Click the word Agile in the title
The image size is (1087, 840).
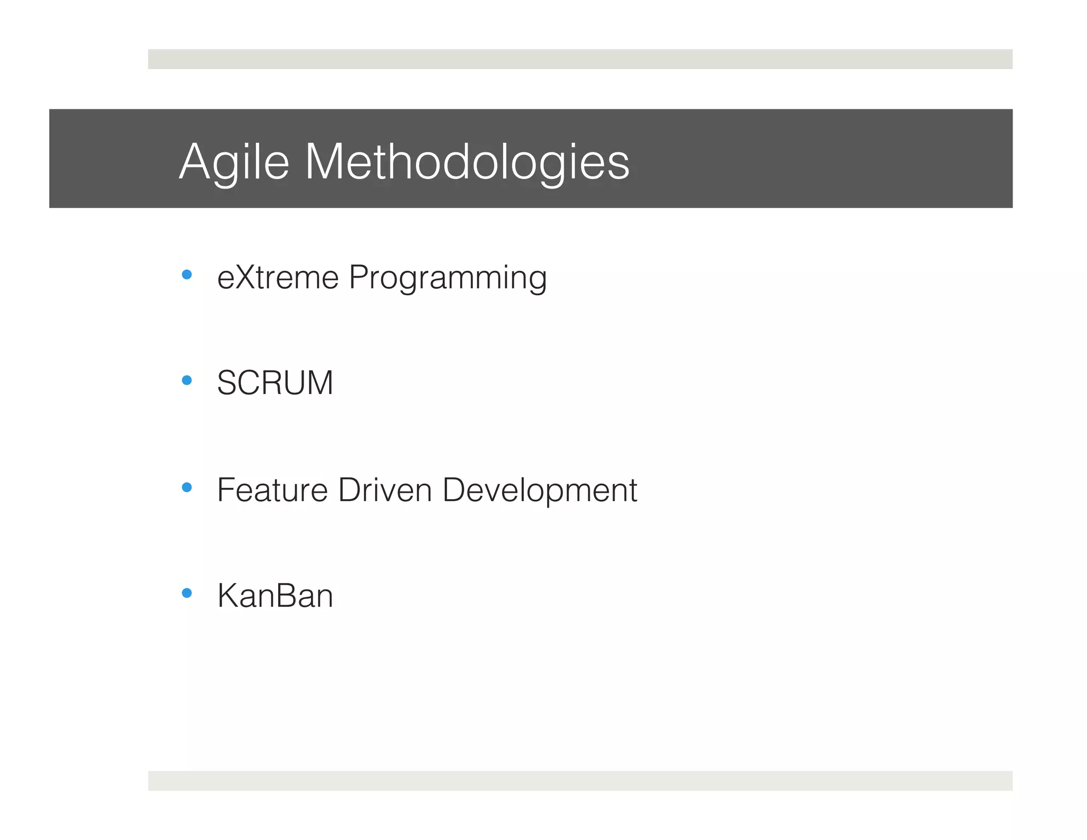234,162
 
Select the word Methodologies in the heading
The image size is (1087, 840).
467,162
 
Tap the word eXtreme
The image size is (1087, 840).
278,277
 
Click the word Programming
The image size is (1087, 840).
447,278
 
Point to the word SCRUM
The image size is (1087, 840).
275,383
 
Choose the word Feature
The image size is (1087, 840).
272,490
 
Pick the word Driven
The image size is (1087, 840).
385,490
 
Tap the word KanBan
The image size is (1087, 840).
275,596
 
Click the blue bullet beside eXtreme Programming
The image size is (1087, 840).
186,275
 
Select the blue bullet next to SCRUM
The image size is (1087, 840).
186,380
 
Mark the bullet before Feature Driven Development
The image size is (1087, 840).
186,487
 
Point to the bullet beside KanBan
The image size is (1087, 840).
186,593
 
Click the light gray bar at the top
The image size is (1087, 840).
580,59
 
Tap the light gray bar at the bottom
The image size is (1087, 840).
580,781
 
